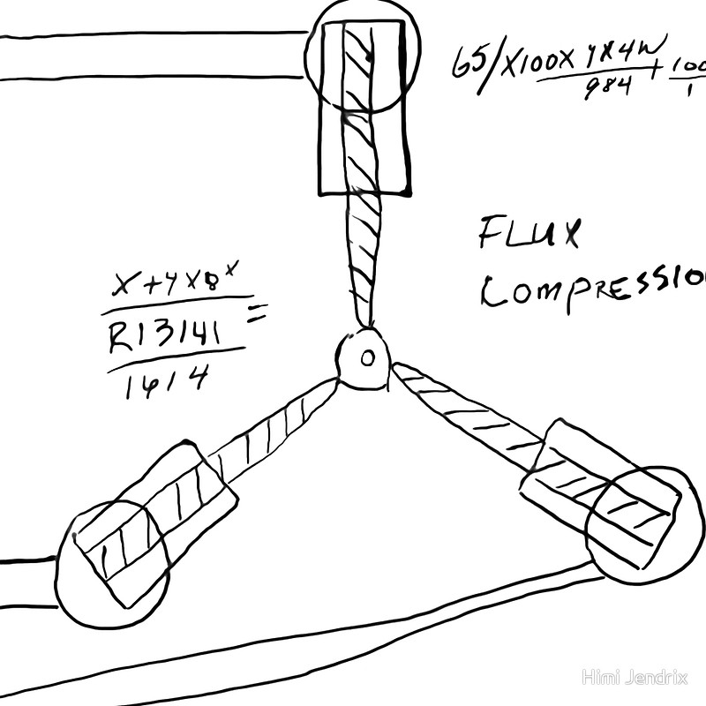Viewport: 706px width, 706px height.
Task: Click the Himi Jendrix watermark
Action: click(x=637, y=677)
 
